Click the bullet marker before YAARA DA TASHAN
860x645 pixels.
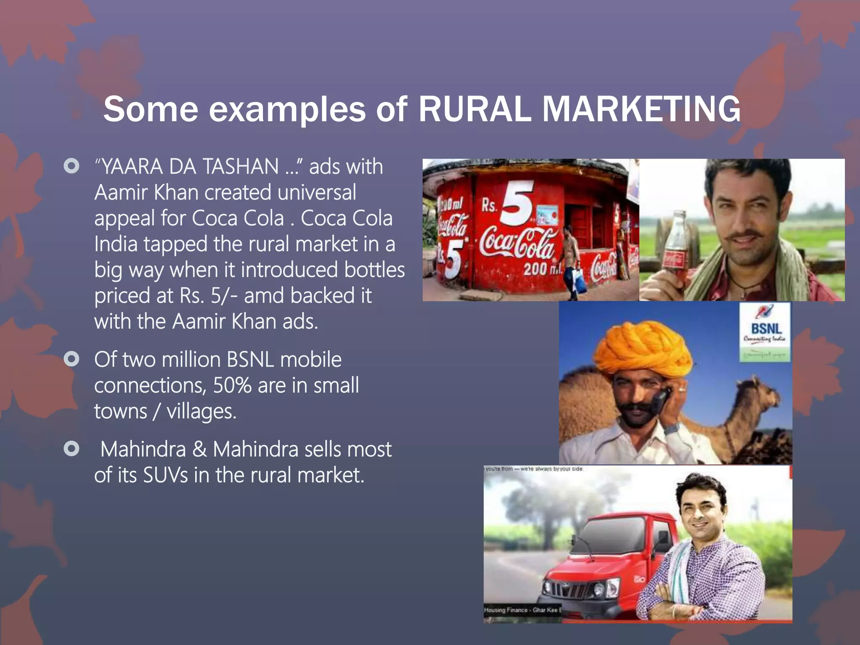[71, 166]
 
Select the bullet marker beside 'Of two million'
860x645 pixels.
[71, 359]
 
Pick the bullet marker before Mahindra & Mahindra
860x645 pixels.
[71, 449]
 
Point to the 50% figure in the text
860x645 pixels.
[232, 385]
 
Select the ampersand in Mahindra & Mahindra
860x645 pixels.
[199, 449]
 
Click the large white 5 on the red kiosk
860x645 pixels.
[517, 202]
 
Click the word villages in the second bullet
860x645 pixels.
[202, 412]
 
